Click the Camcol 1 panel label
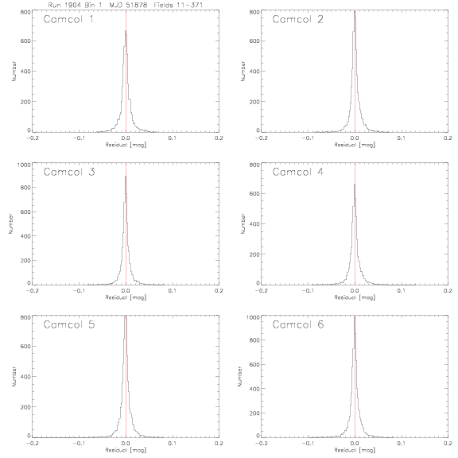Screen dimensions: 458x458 (x=68, y=19)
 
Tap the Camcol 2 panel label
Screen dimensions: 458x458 (x=298, y=19)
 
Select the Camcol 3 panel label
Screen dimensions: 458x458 (x=69, y=172)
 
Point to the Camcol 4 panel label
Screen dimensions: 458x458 (x=298, y=172)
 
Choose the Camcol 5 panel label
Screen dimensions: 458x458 (x=69, y=324)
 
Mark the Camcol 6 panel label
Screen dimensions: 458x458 (x=298, y=324)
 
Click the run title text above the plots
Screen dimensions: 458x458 (x=126, y=5)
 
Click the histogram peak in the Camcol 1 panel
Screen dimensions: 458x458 (x=126, y=30)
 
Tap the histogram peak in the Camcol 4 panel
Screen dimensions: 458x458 (x=355, y=184)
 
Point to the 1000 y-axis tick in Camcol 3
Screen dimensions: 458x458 (x=24, y=165)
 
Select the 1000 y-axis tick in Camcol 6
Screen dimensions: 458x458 (x=253, y=317)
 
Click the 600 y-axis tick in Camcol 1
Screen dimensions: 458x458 (x=25, y=41)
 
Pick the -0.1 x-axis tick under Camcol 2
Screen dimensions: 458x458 (x=308, y=138)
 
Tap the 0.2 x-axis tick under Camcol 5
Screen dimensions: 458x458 (x=219, y=443)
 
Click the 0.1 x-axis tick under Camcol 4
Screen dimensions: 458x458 (x=401, y=291)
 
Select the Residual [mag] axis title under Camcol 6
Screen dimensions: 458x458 (x=355, y=450)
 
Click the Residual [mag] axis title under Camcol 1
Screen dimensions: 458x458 (x=126, y=145)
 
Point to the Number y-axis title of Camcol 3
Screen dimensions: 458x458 (x=11, y=223)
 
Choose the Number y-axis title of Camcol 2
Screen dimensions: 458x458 (x=243, y=71)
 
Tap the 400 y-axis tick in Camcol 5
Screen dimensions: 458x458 (x=25, y=377)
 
